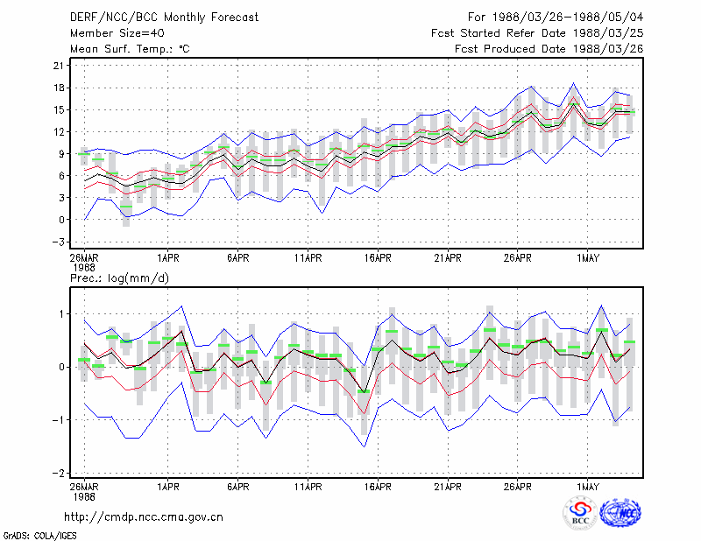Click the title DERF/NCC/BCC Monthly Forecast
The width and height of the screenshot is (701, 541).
[x=164, y=18]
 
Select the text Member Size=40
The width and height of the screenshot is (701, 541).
[x=117, y=33]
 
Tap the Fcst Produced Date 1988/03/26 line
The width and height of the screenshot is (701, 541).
[x=549, y=49]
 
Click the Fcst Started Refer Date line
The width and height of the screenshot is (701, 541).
[x=537, y=33]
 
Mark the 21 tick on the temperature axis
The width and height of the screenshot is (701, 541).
[x=59, y=66]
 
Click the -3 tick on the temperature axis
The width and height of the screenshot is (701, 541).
[x=59, y=242]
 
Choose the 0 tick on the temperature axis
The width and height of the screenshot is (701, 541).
[x=61, y=220]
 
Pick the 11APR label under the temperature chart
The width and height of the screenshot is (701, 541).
[x=308, y=258]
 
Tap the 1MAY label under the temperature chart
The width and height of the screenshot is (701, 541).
[x=587, y=258]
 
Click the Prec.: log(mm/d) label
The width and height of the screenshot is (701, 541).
[x=119, y=278]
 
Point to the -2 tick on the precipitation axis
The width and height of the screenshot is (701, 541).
[x=59, y=473]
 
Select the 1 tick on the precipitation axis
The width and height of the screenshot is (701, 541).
[x=61, y=314]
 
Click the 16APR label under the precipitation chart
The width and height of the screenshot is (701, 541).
[x=378, y=487]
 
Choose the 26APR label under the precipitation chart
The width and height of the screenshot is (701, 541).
[x=518, y=487]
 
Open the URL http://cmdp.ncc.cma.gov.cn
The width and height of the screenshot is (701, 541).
[x=144, y=517]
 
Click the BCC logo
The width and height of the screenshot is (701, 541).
[x=580, y=513]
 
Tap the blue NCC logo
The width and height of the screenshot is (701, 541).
[x=620, y=513]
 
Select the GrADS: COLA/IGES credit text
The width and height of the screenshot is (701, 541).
[x=39, y=536]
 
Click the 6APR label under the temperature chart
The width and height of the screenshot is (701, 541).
[x=237, y=258]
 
